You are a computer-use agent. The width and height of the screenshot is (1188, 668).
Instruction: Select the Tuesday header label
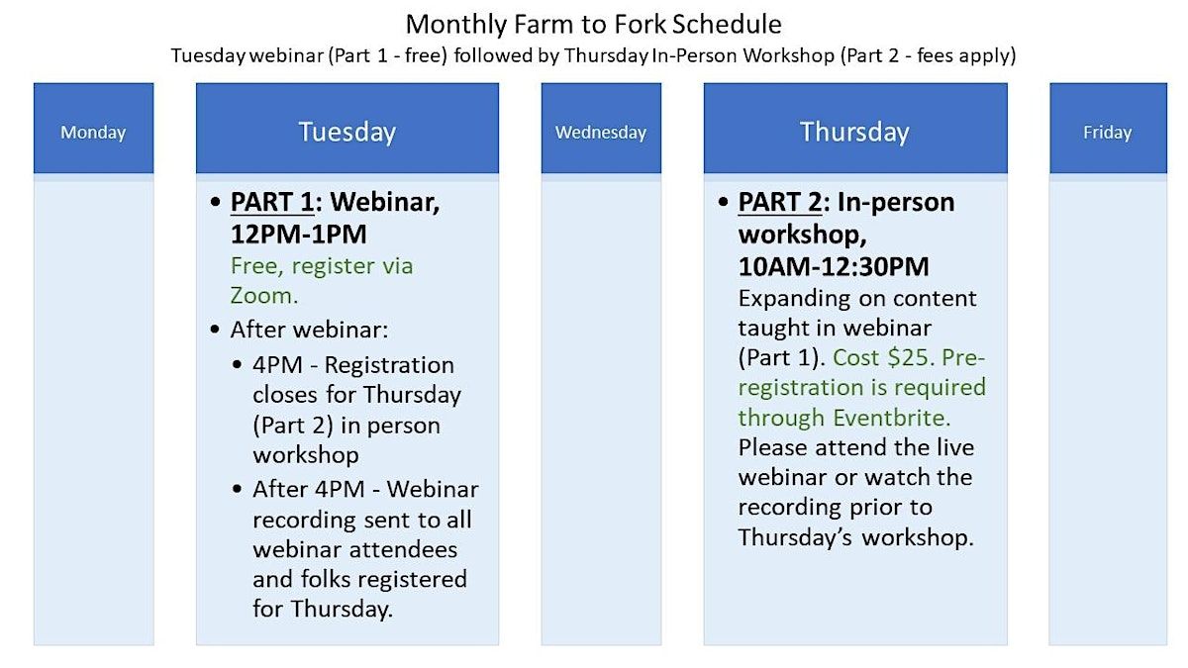(x=347, y=132)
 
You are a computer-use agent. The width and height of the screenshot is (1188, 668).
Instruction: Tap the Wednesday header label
(x=601, y=132)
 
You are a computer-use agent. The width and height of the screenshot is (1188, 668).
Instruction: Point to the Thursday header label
(x=855, y=132)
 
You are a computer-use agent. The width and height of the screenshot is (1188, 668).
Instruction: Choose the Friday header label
(x=1108, y=132)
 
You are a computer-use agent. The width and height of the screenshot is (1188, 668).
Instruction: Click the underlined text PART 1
(x=272, y=202)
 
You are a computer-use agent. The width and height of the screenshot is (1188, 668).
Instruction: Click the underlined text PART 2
(x=780, y=202)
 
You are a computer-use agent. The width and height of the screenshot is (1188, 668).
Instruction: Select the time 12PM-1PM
(x=299, y=235)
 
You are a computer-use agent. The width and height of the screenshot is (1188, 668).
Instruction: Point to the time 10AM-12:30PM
(x=834, y=266)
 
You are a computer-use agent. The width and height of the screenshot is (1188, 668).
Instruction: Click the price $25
(x=908, y=358)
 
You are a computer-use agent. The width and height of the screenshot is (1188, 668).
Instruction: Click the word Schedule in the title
(x=727, y=25)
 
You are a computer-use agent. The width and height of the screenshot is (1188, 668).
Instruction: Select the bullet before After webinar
(x=215, y=330)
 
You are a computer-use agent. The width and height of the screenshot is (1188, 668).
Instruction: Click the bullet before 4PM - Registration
(x=237, y=365)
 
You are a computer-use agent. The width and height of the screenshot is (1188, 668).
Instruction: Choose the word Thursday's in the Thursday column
(x=795, y=537)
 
